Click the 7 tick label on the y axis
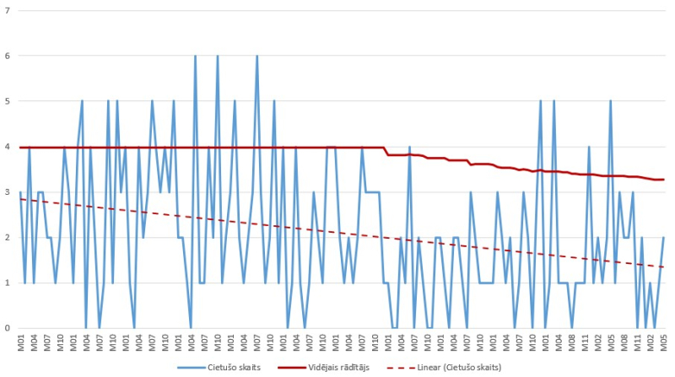click(7, 11)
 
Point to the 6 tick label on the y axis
click(7, 57)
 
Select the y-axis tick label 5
click(7, 102)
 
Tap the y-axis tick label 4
click(7, 148)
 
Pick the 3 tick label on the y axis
click(7, 192)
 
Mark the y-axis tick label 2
click(7, 238)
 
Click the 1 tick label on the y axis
click(7, 283)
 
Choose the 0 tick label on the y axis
click(7, 328)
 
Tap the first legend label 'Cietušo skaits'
click(224, 368)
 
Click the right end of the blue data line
click(664, 238)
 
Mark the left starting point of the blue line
click(20, 193)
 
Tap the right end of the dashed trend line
click(664, 267)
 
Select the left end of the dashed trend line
click(20, 199)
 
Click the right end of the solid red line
click(664, 180)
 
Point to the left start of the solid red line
click(20, 148)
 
